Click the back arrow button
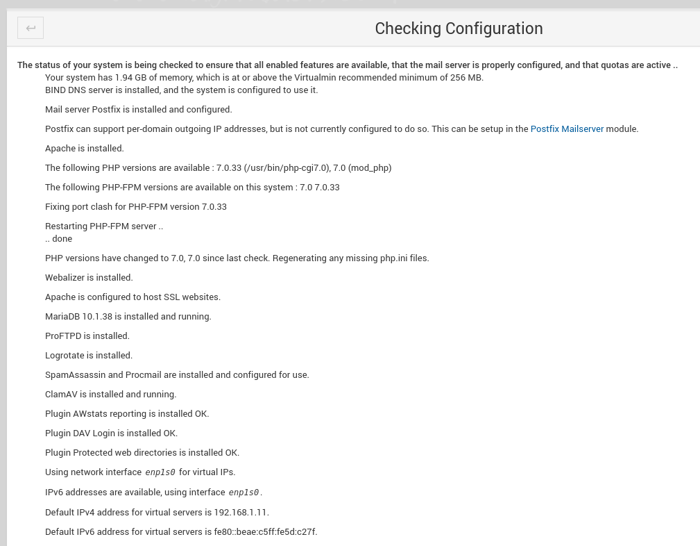tap(31, 28)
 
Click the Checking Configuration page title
tap(459, 28)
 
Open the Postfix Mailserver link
tap(567, 129)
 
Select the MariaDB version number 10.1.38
tap(97, 317)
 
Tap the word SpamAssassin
tap(75, 375)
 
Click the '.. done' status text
tap(59, 239)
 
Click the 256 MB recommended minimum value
tap(466, 78)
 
